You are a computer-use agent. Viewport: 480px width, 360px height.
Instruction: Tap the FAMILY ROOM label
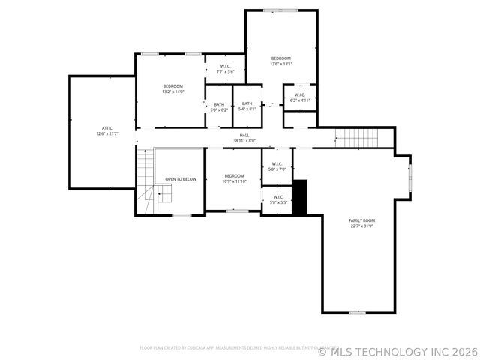(x=361, y=220)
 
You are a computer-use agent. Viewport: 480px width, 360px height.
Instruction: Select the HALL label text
(x=244, y=135)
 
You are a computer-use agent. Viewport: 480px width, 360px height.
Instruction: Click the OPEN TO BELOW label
(x=181, y=179)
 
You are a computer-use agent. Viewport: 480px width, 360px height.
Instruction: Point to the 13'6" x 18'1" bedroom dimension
(x=281, y=64)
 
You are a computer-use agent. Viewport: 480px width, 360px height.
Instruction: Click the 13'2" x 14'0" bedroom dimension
(x=172, y=91)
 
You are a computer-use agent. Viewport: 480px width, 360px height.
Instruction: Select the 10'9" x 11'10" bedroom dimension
(x=233, y=181)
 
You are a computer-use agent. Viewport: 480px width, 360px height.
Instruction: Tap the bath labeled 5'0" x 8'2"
(x=219, y=106)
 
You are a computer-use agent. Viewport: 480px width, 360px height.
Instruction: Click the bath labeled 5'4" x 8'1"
(x=247, y=106)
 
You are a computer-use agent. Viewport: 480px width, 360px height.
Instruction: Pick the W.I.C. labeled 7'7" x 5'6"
(x=225, y=69)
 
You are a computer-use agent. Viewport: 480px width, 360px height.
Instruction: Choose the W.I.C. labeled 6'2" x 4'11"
(x=299, y=97)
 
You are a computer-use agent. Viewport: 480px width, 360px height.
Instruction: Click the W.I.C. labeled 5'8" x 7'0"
(x=277, y=166)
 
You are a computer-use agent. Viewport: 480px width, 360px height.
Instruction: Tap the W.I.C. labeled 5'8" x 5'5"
(x=277, y=199)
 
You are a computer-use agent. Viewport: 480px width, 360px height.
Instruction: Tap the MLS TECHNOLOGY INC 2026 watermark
(x=397, y=351)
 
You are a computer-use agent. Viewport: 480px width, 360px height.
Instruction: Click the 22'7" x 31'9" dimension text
(x=361, y=226)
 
